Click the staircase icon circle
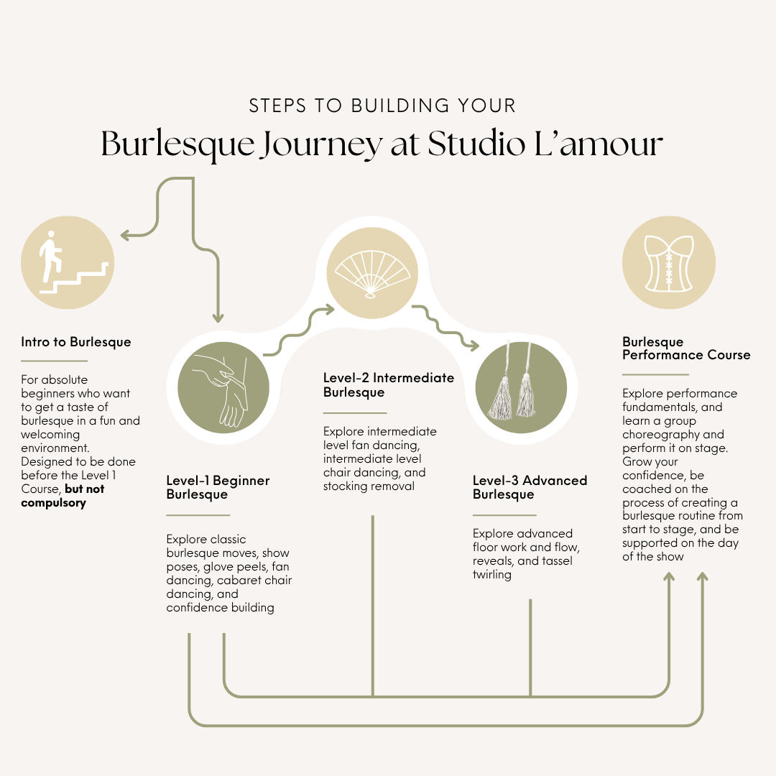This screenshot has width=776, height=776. [x=68, y=262]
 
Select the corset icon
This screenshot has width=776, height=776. [x=669, y=263]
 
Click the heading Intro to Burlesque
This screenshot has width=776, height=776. [x=75, y=342]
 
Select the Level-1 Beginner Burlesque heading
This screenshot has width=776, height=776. [x=218, y=487]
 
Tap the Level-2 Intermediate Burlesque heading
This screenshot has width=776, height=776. [x=389, y=385]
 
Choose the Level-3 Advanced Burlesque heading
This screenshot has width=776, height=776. [x=530, y=487]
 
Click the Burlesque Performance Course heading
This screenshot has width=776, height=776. [x=686, y=348]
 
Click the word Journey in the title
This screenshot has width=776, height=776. [x=322, y=144]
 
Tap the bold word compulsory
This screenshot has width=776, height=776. [x=53, y=503]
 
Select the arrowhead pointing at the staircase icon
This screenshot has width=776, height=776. [x=126, y=235]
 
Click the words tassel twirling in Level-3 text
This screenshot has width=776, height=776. [x=522, y=568]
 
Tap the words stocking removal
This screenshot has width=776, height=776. [x=369, y=486]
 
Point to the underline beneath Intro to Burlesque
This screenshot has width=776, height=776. [x=54, y=361]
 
